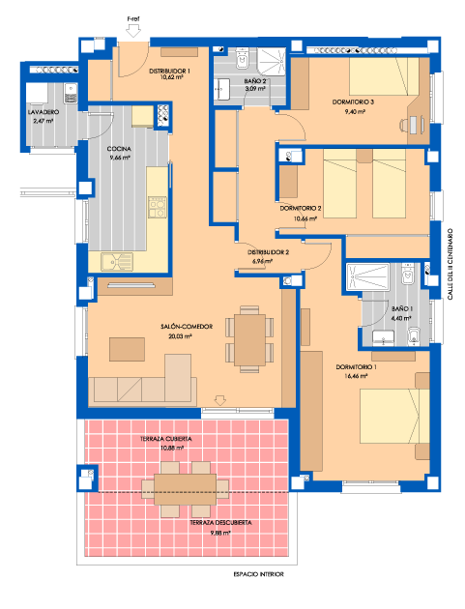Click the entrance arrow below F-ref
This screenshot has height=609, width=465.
pyautogui.click(x=133, y=30)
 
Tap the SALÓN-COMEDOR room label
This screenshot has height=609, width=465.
pyautogui.click(x=187, y=327)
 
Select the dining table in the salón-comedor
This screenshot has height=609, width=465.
pyautogui.click(x=249, y=340)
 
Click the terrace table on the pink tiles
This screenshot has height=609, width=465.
pyautogui.click(x=185, y=489)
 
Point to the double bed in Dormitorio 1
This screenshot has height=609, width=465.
pyautogui.click(x=394, y=416)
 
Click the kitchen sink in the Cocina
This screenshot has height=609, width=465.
pyautogui.click(x=117, y=261)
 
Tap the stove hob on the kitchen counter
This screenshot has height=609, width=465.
pyautogui.click(x=157, y=207)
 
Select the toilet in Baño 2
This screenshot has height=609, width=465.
pyautogui.click(x=242, y=59)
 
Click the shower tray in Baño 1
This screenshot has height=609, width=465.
pyautogui.click(x=367, y=276)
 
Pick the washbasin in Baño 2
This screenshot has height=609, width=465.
pyautogui.click(x=221, y=89)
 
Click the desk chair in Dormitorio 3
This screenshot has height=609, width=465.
pyautogui.click(x=404, y=125)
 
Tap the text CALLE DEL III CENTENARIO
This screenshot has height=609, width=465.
pyautogui.click(x=450, y=264)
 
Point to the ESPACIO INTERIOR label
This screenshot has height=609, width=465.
pyautogui.click(x=258, y=574)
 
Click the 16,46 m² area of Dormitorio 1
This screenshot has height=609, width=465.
pyautogui.click(x=356, y=376)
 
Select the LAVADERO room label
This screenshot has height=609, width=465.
pyautogui.click(x=44, y=112)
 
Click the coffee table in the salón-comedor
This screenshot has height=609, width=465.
pyautogui.click(x=127, y=349)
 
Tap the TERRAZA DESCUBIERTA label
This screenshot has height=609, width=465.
pyautogui.click(x=220, y=523)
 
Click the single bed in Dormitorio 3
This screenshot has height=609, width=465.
pyautogui.click(x=384, y=76)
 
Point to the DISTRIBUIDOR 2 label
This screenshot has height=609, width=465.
pyautogui.click(x=268, y=252)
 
